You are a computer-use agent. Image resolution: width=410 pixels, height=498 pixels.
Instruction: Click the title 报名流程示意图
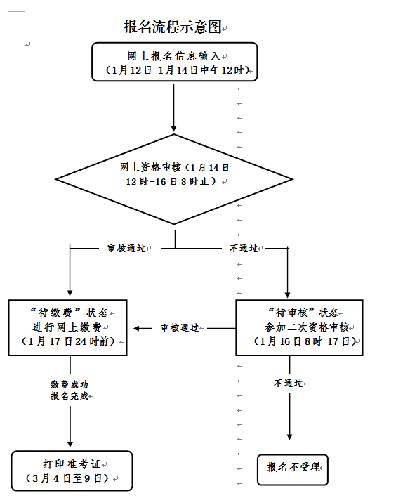tap(172, 27)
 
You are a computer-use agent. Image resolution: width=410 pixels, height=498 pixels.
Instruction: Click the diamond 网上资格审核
tap(174, 174)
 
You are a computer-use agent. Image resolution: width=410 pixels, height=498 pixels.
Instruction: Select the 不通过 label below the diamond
tap(243, 248)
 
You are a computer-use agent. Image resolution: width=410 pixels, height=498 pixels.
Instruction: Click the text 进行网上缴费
tap(67, 327)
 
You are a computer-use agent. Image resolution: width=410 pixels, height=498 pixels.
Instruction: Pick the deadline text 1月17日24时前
tap(69, 342)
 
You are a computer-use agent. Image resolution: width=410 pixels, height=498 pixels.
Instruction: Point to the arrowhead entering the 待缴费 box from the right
tap(138, 328)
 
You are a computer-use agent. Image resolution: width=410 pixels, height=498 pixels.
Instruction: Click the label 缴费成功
tap(69, 385)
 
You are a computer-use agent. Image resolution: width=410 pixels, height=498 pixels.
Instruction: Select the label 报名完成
tap(69, 396)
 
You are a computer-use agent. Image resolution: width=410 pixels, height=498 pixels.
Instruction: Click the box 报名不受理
tap(292, 468)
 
